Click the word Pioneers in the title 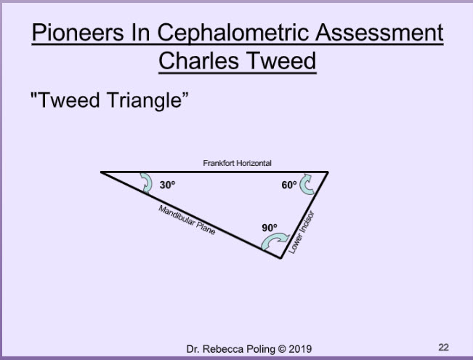(78, 33)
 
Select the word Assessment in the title (379, 33)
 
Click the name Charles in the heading (198, 60)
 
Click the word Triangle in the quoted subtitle (147, 100)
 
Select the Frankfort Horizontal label (237, 163)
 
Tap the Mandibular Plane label (187, 220)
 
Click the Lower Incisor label (301, 232)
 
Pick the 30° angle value (167, 185)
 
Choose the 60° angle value (289, 185)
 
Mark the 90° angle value (270, 228)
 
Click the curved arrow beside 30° (147, 182)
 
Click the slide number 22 (443, 348)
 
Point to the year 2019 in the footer (300, 349)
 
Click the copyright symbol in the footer (282, 349)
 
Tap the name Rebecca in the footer (224, 349)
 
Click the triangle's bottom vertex (280, 258)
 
